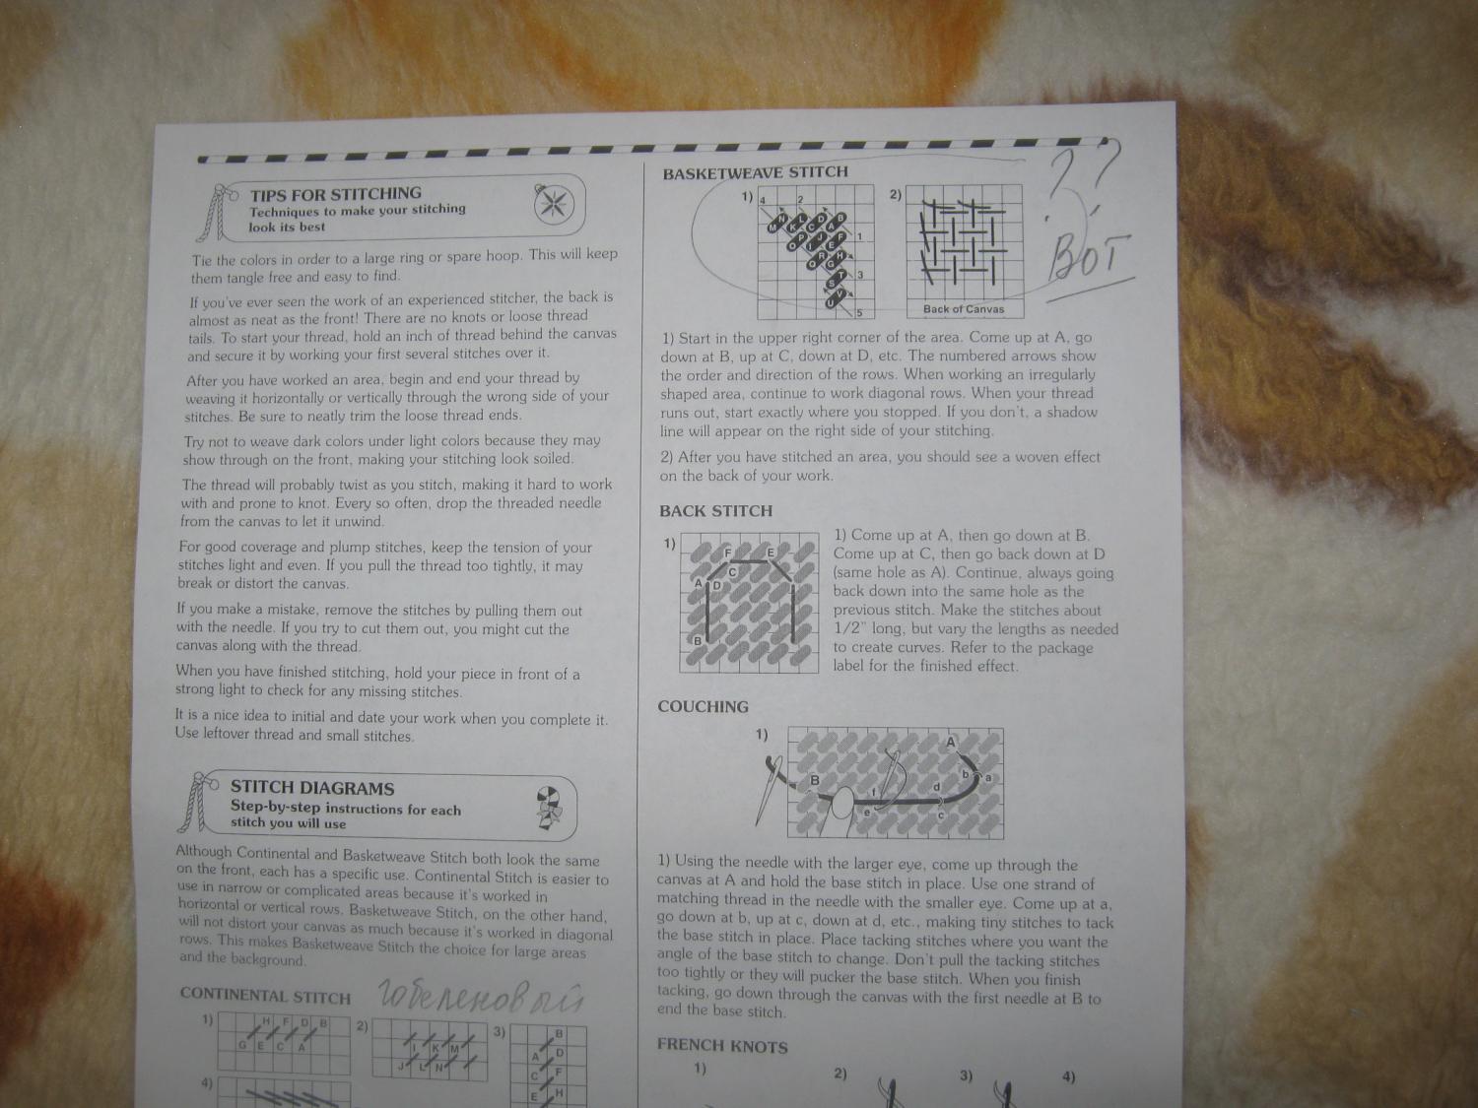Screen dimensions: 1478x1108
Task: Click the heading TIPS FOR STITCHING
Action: (336, 194)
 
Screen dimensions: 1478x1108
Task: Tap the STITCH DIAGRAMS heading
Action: (312, 788)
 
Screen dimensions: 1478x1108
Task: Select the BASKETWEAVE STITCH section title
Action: (755, 173)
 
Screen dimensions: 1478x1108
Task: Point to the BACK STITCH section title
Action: (715, 511)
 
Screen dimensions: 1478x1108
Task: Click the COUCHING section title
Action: (703, 707)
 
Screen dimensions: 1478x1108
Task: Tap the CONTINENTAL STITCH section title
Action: (265, 997)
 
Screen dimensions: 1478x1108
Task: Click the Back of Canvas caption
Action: (964, 309)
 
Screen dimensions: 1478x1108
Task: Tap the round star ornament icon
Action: (554, 205)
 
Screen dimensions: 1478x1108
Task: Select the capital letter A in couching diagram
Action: (950, 742)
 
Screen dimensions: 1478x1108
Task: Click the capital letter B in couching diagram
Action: (814, 780)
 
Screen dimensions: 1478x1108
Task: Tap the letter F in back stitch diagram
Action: (727, 553)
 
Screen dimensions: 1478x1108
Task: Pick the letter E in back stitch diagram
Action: (771, 553)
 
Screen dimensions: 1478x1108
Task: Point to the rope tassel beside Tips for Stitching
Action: (214, 212)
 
